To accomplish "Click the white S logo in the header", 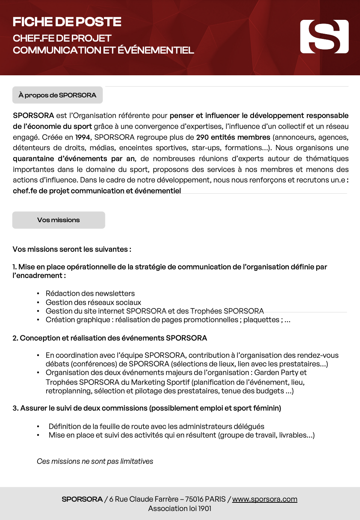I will pos(324,37).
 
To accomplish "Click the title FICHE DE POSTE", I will pos(67,22).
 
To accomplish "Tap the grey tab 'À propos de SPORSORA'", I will pos(57,95).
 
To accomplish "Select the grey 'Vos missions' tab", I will pos(58,220).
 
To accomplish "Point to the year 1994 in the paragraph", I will pos(82,137).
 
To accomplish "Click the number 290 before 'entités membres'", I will pos(202,137).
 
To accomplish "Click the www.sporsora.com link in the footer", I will pos(264,499).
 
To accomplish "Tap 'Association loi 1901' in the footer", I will pos(180,508).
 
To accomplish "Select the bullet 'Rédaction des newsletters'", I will pos(90,293).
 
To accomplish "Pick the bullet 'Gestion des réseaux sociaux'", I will pos(93,302).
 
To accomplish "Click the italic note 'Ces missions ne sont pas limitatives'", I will pos(95,461).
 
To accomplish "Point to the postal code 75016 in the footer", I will pos(194,499).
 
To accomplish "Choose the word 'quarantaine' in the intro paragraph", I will pos(33,158).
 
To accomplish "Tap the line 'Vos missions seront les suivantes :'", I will pos(72,249).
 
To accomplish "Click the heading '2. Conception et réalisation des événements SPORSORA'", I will pos(109,338).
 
